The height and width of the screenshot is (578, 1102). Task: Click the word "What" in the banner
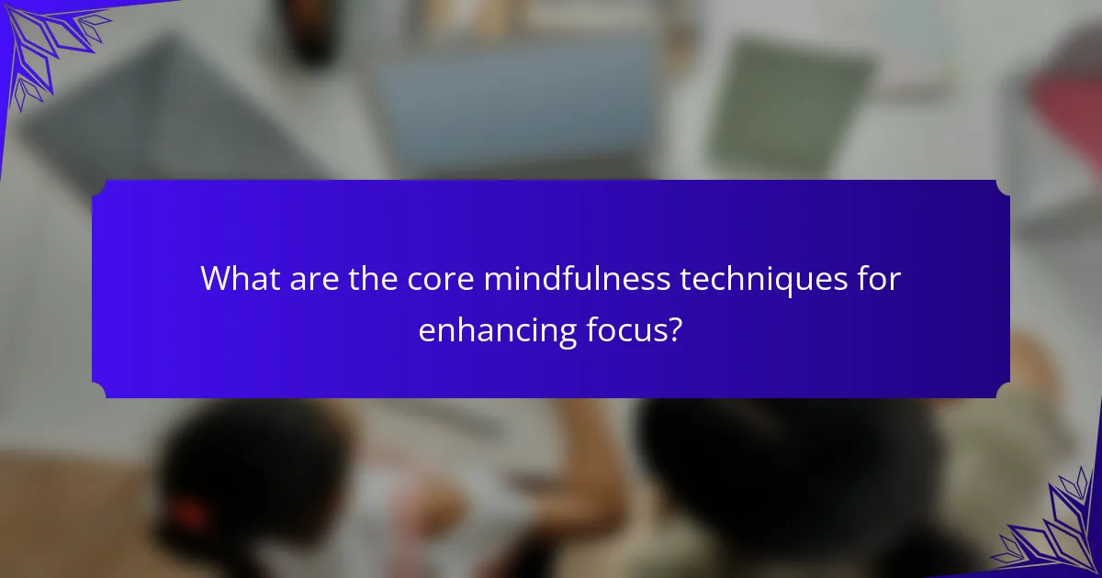(241, 278)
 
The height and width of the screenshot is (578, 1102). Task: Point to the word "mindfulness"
(577, 278)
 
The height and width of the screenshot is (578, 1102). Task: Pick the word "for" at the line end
(879, 278)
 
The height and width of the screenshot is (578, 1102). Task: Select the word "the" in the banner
(373, 278)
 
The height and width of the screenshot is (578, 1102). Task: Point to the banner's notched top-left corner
(99, 188)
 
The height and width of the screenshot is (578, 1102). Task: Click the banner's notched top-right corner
(1003, 188)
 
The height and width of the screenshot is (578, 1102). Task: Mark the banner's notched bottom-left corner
(99, 391)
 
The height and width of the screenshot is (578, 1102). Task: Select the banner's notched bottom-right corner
(1003, 391)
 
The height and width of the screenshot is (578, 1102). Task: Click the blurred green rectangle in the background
(787, 106)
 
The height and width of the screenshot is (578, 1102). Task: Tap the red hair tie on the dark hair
(189, 514)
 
